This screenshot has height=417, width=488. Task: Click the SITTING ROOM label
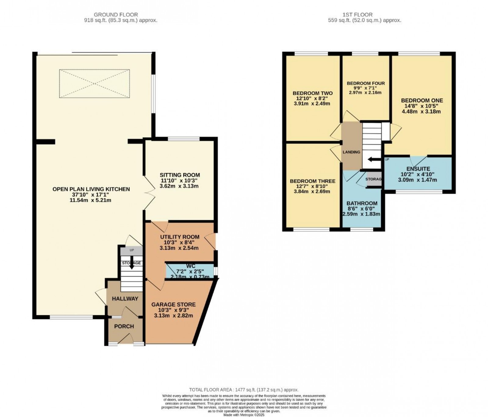[180, 175]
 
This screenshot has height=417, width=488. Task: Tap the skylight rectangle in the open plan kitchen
[94, 83]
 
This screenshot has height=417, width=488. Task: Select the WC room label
[190, 266]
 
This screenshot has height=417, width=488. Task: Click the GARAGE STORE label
[173, 304]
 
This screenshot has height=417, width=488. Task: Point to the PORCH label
[124, 326]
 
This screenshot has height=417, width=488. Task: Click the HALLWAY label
[125, 299]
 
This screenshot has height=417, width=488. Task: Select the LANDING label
[351, 152]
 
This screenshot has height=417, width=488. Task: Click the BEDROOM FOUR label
[366, 83]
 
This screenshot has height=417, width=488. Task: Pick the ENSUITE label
[418, 169]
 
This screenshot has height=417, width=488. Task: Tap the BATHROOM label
[362, 203]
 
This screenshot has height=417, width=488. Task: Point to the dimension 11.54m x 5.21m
[91, 200]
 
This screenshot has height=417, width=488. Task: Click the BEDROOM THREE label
[312, 181]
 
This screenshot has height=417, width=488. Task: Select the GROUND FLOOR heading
[116, 15]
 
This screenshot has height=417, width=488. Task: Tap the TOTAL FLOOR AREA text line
[244, 390]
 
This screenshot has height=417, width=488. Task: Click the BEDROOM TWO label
[312, 93]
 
